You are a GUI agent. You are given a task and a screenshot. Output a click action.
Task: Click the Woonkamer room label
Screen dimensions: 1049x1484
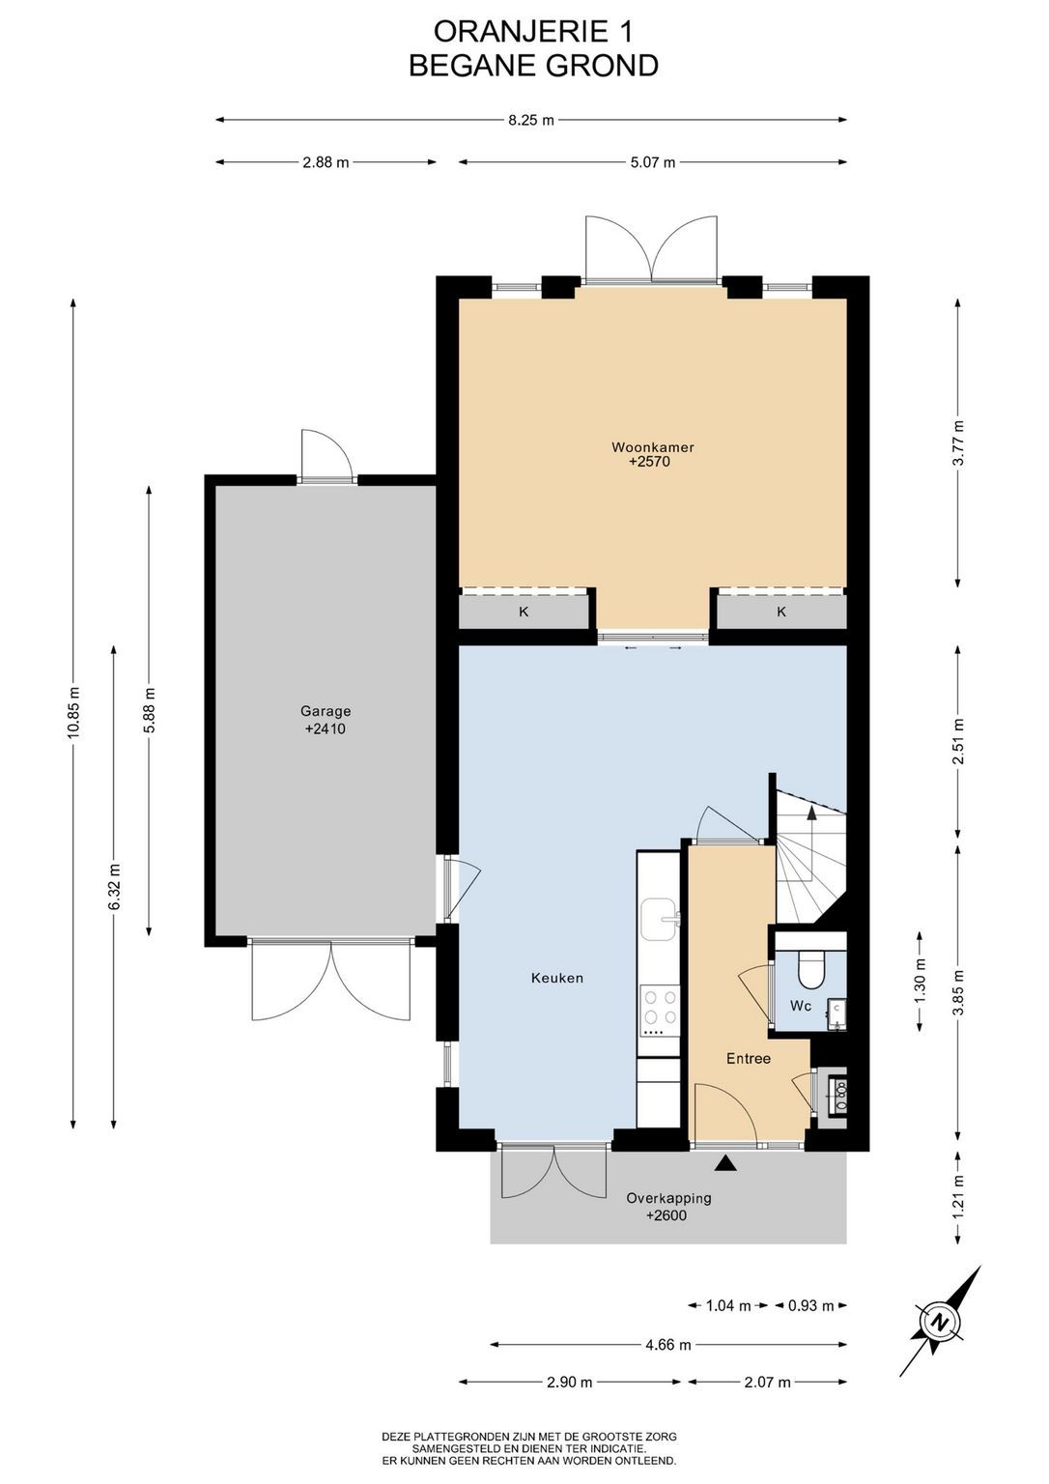point(652,447)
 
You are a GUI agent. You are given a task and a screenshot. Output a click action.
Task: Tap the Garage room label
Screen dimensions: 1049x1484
point(326,711)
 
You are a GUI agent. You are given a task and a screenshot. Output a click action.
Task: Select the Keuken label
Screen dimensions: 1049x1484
point(557,978)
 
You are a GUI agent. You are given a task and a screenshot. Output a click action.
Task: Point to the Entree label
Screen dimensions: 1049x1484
point(749,1059)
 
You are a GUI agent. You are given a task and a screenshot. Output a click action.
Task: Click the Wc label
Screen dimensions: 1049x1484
point(801,1006)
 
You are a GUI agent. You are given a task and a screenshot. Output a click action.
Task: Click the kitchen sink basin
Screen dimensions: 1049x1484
point(660,920)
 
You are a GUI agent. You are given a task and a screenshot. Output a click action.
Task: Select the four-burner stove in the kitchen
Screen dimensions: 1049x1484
point(660,1012)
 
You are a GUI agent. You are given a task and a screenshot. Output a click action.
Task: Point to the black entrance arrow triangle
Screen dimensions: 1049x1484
point(726,1162)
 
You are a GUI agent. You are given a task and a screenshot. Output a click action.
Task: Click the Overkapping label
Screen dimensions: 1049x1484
point(668,1198)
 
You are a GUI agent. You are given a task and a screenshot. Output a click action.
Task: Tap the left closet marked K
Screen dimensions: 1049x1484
point(524,612)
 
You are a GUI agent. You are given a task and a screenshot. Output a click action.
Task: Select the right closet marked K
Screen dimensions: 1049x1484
point(781,612)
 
